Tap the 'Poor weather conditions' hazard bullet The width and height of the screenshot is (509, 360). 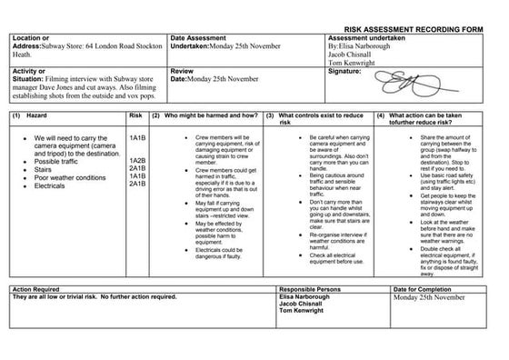point(74,176)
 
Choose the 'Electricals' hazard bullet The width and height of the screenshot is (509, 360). point(55,185)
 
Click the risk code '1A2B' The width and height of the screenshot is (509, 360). point(137,160)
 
